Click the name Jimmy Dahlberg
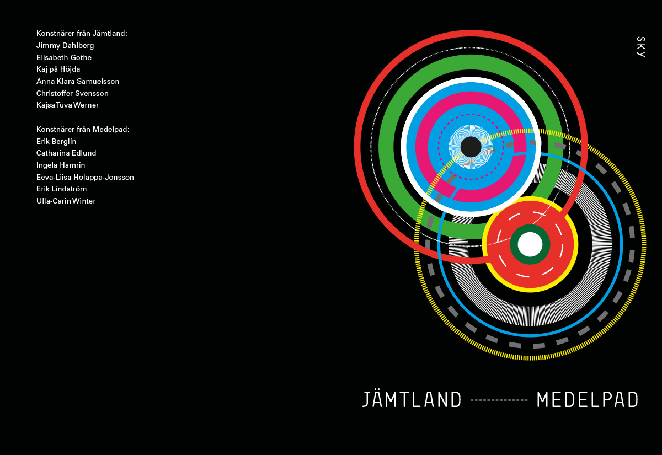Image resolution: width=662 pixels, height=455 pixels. click(x=65, y=46)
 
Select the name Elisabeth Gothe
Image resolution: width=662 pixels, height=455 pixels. click(x=64, y=58)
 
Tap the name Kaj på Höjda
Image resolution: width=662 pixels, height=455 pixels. click(x=58, y=69)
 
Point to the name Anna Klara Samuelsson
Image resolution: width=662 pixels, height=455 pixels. click(x=78, y=82)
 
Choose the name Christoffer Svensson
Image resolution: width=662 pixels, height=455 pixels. click(x=72, y=94)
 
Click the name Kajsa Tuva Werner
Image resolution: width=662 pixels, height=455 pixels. click(x=67, y=105)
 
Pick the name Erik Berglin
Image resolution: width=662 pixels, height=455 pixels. click(x=56, y=142)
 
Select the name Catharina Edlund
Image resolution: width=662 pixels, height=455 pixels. click(x=66, y=153)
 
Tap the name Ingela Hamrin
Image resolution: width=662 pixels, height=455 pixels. click(x=61, y=165)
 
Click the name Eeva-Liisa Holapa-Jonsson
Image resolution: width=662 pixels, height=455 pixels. click(x=85, y=178)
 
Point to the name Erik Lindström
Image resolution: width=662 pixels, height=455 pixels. click(x=62, y=189)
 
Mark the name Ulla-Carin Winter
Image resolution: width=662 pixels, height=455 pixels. click(x=66, y=201)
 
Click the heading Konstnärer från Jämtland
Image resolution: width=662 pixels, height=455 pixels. click(x=82, y=34)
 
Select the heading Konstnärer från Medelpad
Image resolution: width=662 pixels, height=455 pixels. click(x=83, y=130)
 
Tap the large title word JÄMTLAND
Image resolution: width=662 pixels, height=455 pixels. click(x=412, y=400)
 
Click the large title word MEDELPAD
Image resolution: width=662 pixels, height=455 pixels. click(x=588, y=400)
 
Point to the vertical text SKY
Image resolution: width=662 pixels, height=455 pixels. click(x=640, y=47)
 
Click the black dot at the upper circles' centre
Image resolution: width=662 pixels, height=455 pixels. click(x=471, y=147)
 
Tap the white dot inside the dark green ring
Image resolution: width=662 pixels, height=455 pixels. click(x=530, y=244)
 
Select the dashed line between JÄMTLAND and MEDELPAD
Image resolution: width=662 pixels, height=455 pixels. click(x=499, y=400)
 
